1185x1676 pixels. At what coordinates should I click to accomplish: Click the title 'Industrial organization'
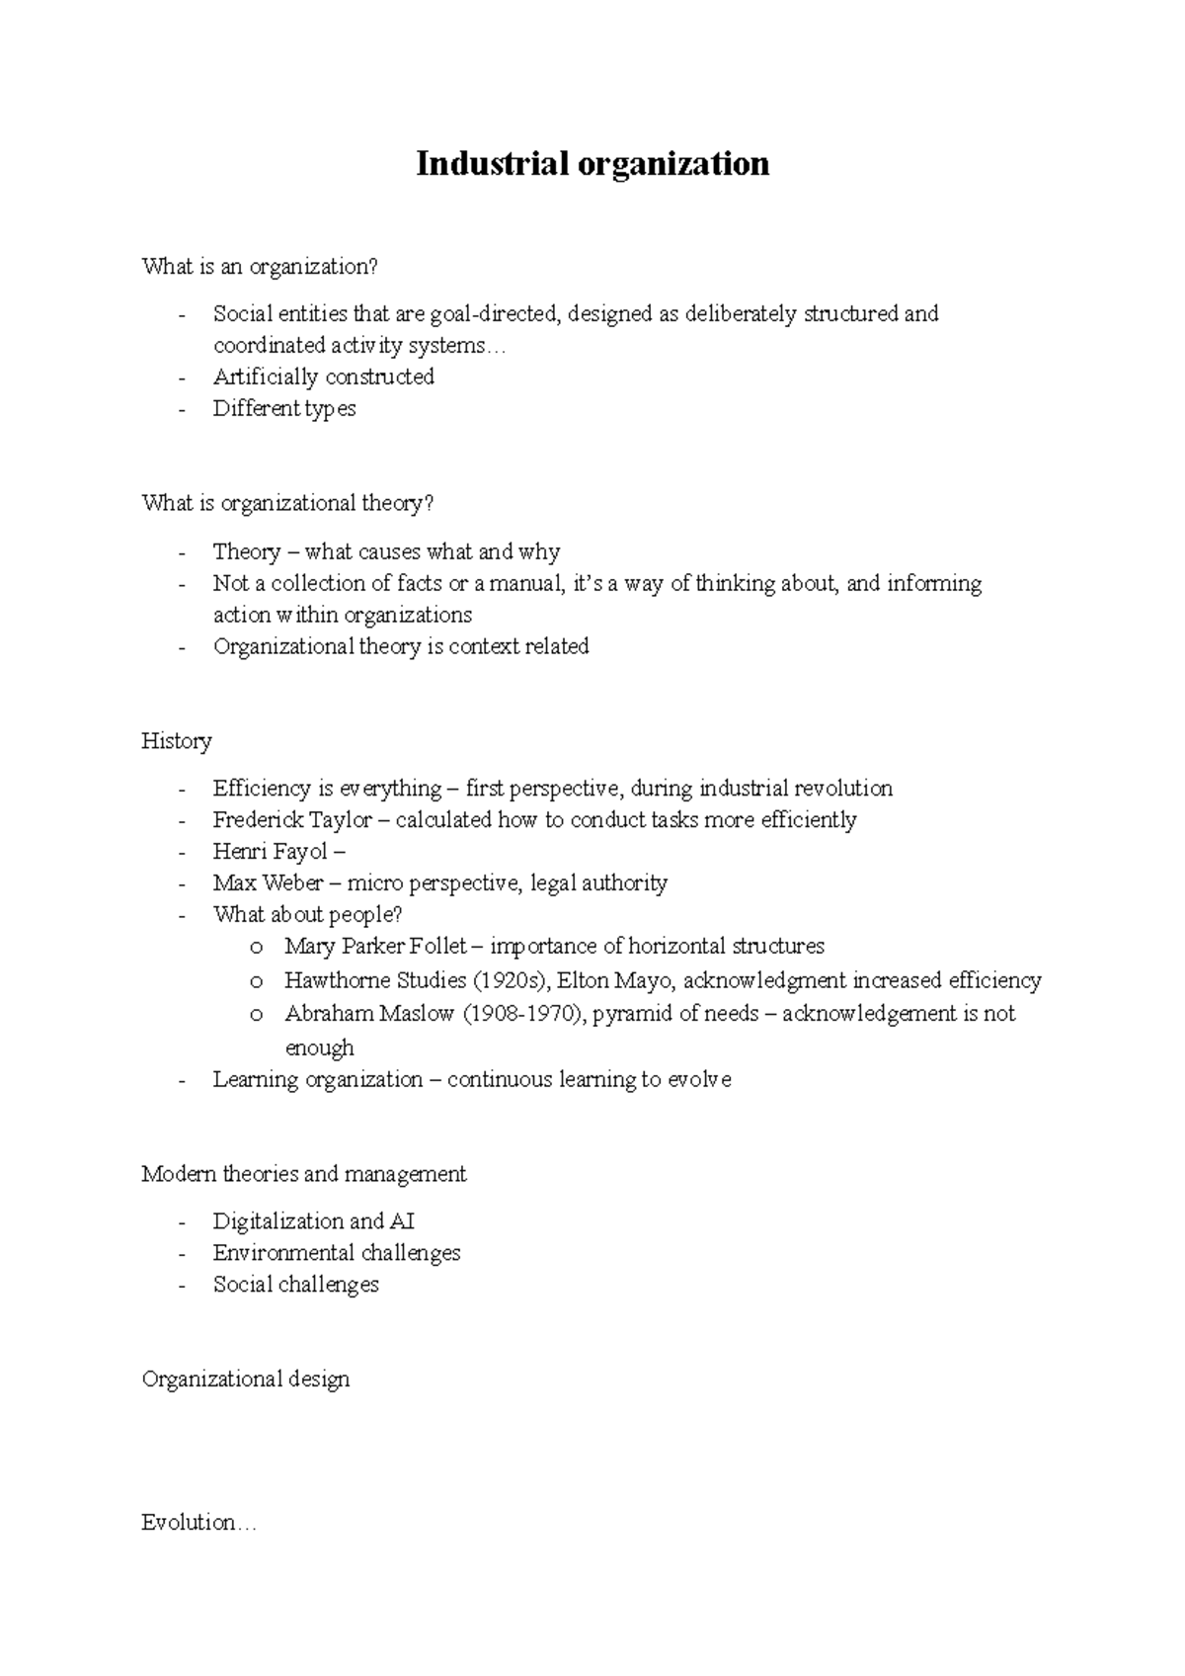tap(592, 163)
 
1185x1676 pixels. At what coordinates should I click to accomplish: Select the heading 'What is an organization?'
tap(260, 267)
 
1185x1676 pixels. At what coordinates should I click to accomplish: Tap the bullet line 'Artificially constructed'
tap(324, 377)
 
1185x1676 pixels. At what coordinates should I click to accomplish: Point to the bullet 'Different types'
tap(284, 409)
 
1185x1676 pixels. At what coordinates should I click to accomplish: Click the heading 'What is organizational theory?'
tap(287, 504)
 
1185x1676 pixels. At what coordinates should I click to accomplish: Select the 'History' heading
tap(177, 741)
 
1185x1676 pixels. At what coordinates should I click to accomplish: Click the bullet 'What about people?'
tap(307, 915)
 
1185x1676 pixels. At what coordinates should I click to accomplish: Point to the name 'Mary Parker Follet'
tap(375, 947)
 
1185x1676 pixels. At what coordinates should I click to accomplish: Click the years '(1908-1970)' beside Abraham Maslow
tap(524, 1014)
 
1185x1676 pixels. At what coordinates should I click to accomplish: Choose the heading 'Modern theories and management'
tap(304, 1174)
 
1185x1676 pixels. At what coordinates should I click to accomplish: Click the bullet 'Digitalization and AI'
tap(314, 1221)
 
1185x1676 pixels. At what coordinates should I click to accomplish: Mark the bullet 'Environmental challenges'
tap(337, 1253)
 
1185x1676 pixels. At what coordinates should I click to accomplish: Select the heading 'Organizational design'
tap(246, 1380)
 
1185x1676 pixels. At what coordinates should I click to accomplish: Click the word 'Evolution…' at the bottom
tap(198, 1523)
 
